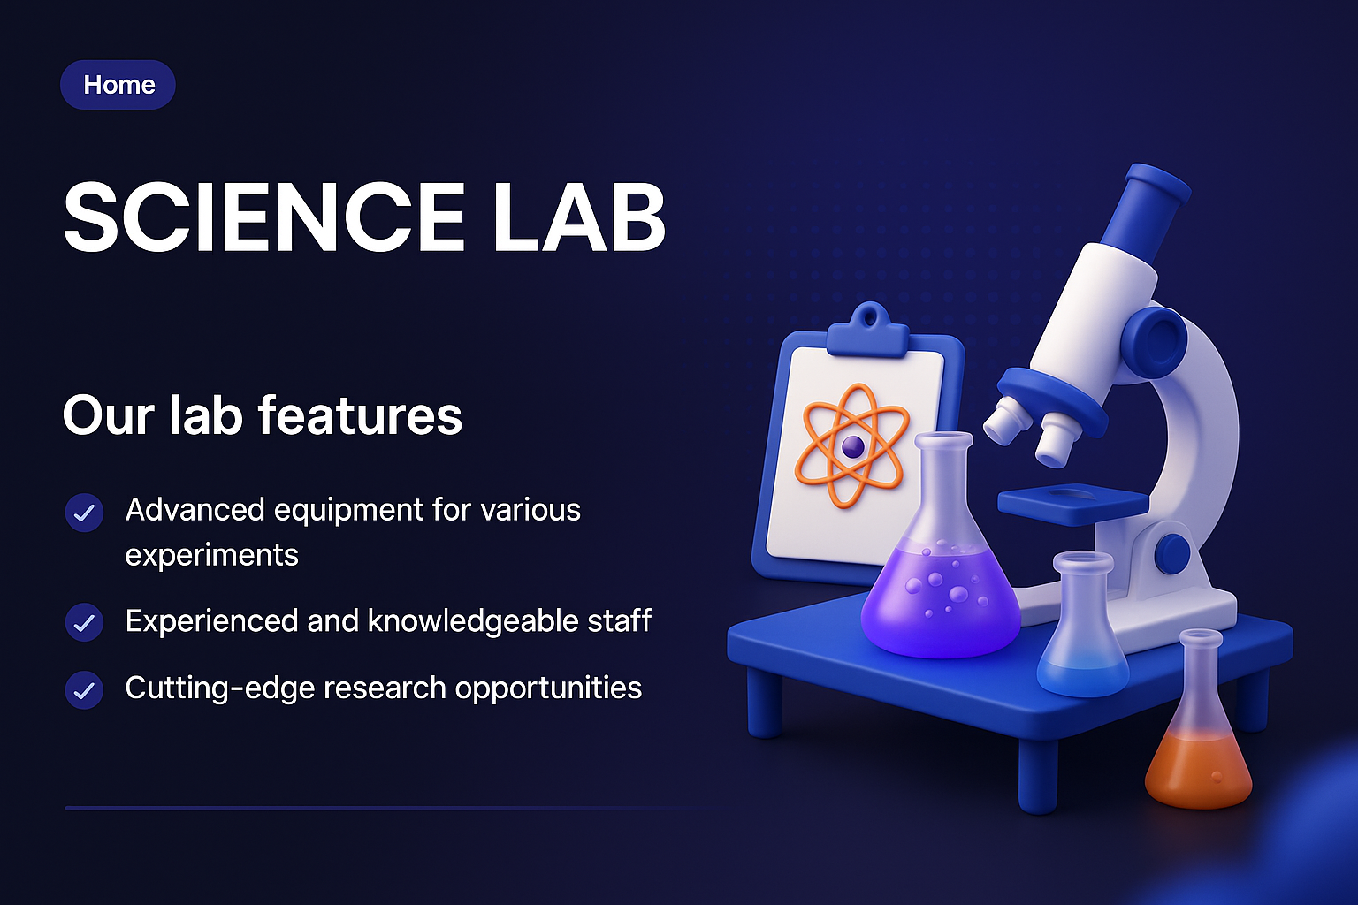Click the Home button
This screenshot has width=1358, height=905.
pos(118,85)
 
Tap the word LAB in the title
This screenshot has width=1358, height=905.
pos(579,217)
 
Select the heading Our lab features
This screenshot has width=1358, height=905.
pos(263,415)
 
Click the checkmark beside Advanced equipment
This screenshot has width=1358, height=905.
pos(85,513)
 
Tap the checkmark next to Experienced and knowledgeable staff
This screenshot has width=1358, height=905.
pos(85,623)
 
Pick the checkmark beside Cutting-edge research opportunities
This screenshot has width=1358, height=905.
pos(85,690)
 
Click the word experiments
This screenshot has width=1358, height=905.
pos(212,555)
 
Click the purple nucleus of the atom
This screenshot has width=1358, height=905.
pos(852,446)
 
